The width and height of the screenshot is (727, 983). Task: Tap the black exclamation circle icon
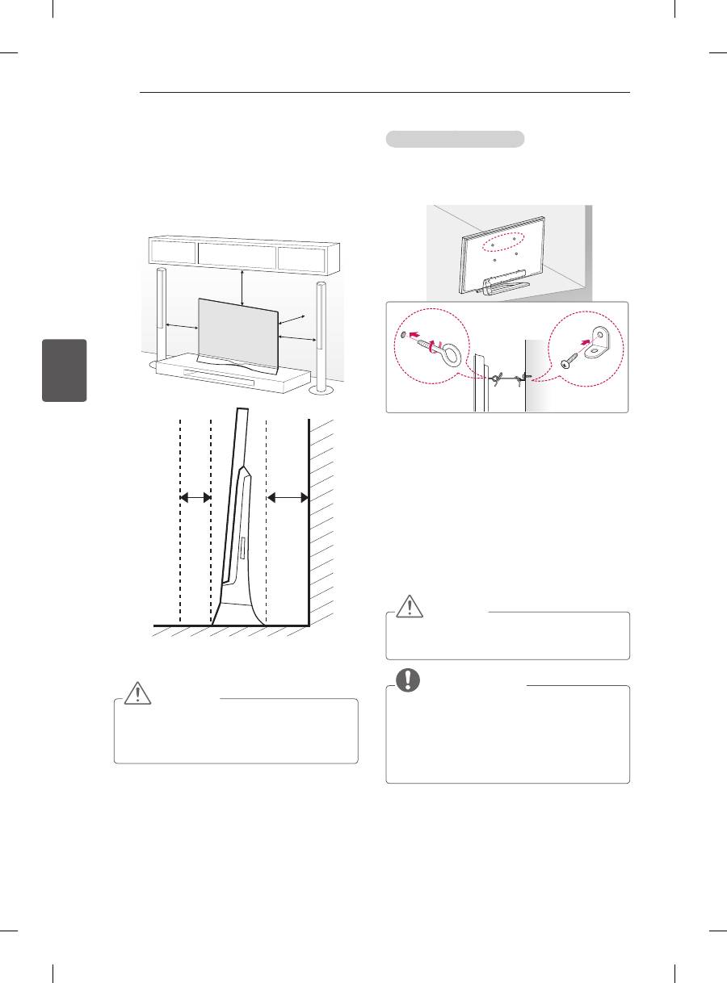click(x=407, y=680)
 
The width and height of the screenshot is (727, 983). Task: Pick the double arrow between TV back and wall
click(x=288, y=497)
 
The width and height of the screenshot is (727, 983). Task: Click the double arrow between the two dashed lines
click(x=195, y=497)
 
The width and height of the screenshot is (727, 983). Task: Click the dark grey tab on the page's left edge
click(x=66, y=370)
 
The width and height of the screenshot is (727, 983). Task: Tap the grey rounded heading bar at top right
click(x=455, y=140)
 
